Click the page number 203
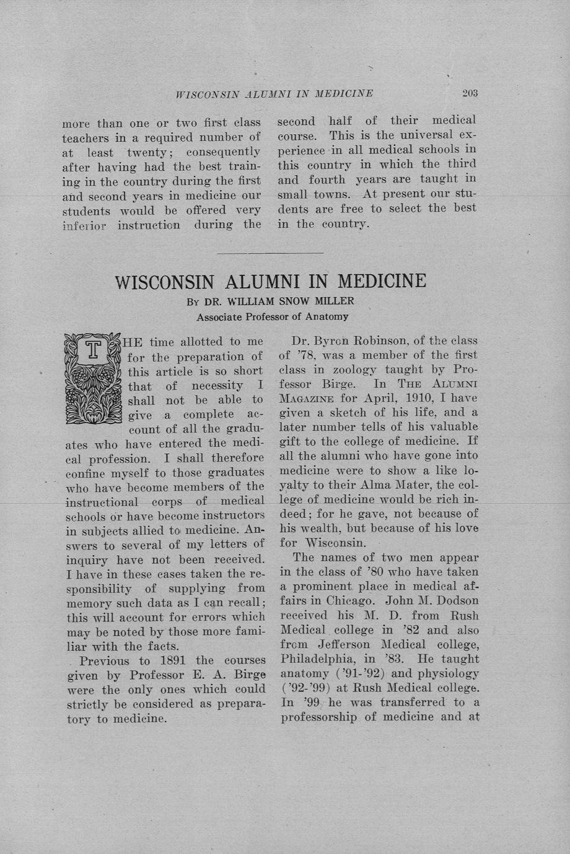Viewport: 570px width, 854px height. click(x=470, y=93)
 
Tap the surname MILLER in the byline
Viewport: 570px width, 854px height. click(x=333, y=301)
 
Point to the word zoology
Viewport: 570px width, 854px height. click(x=347, y=369)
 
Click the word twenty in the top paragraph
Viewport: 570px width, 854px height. click(x=147, y=152)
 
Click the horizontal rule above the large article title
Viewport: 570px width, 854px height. click(x=271, y=253)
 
